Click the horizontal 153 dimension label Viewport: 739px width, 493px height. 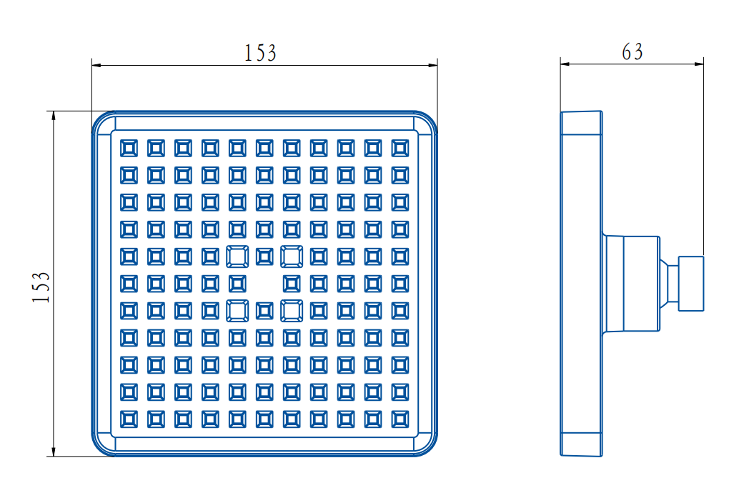pos(260,53)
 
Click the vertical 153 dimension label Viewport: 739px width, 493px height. pos(41,287)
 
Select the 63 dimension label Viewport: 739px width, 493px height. pos(632,52)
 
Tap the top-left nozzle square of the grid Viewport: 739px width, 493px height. pos(129,148)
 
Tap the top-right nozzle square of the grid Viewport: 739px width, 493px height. pos(400,148)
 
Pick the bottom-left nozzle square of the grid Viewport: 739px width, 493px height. pos(129,419)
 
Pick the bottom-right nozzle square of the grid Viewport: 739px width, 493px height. pos(400,419)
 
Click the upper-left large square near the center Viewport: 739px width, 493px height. pos(237,257)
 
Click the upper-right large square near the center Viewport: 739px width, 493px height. pos(292,257)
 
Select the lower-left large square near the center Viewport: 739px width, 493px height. pos(237,311)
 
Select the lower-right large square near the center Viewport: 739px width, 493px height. pos(292,311)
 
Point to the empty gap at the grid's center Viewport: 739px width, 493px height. pos(264,284)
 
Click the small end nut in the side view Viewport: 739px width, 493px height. pos(691,284)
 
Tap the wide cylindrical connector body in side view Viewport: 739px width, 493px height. pos(632,284)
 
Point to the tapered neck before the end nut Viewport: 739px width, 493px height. pos(669,284)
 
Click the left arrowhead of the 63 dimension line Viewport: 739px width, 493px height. pos(565,64)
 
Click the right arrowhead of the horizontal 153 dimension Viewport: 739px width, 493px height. pos(432,65)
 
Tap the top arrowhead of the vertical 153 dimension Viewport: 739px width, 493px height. pos(54,116)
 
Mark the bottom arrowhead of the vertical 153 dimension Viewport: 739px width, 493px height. pos(54,452)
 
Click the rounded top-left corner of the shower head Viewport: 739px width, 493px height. pos(99,118)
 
